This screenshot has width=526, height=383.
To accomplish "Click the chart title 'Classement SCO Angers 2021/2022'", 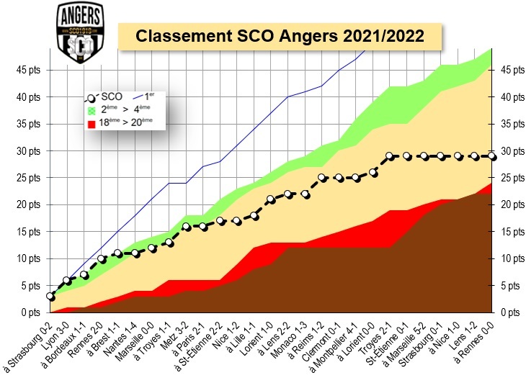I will (280, 35).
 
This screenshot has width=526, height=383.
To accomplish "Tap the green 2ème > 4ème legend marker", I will (92, 109).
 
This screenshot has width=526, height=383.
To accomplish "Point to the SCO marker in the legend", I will (92, 97).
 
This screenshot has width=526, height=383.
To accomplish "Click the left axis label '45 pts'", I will (30, 70).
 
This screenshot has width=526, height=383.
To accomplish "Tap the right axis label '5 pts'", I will (509, 286).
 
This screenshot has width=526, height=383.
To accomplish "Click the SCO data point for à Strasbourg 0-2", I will (50, 296).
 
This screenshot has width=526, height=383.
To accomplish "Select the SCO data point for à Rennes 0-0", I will (492, 156).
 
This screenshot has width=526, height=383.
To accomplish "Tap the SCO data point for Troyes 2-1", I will (390, 156).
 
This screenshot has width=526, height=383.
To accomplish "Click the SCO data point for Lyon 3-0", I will (67, 280).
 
